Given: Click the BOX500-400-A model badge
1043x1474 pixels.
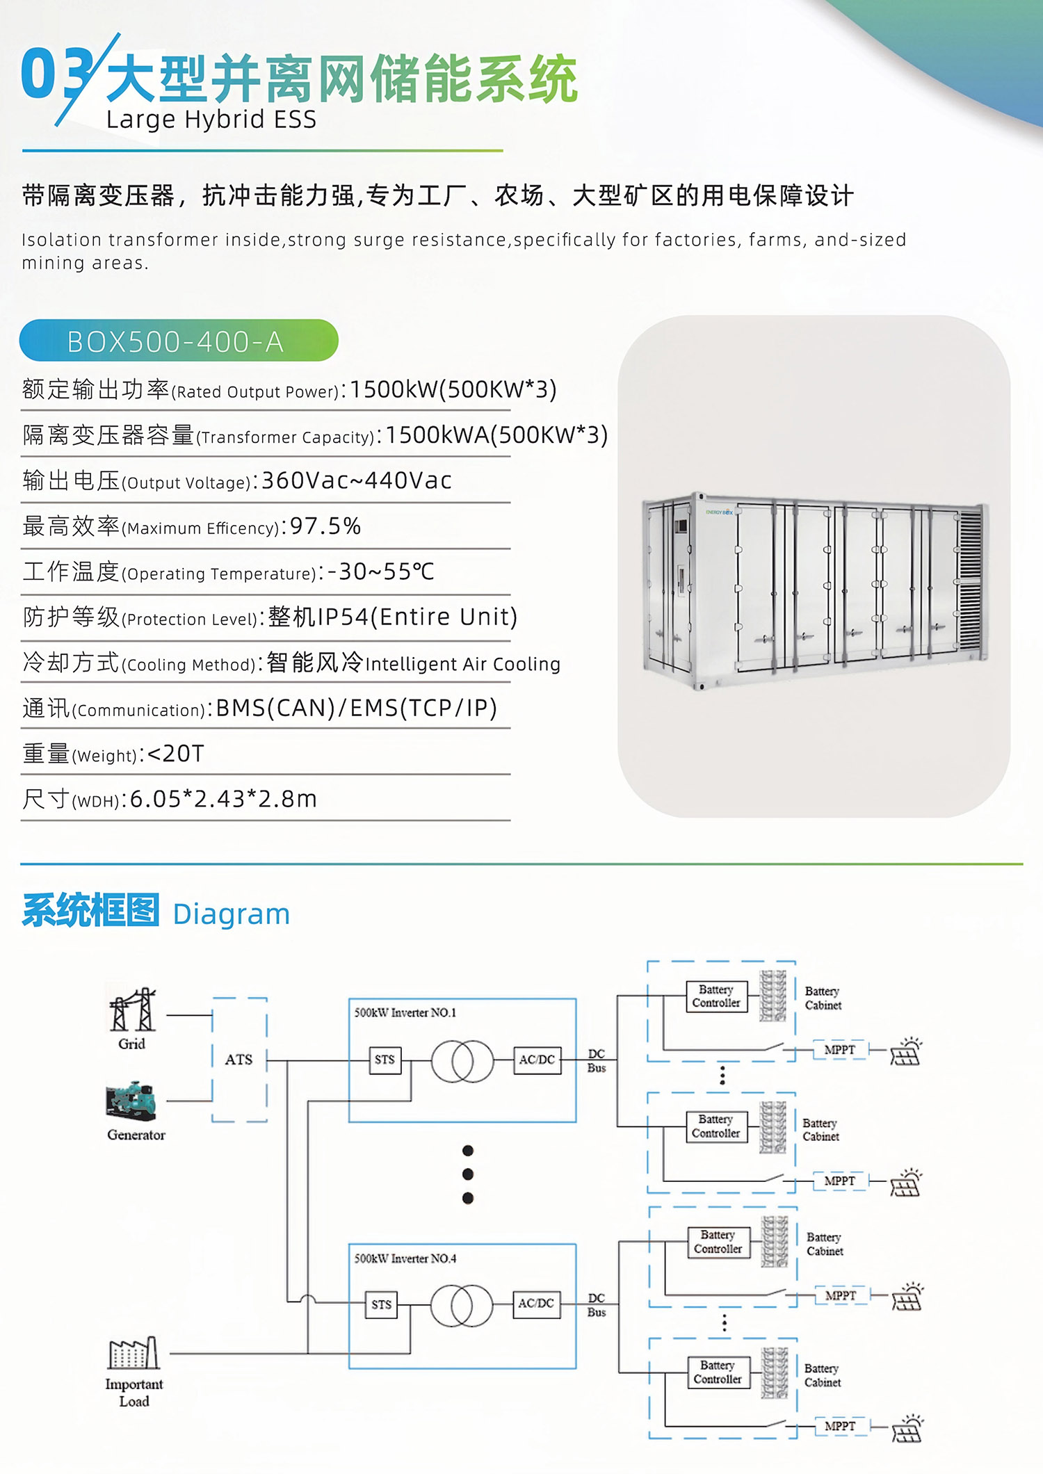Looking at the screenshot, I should tap(178, 341).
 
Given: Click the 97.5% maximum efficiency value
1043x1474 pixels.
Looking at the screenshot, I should tap(325, 526).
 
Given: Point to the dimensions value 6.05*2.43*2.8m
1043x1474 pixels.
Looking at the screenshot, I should tap(223, 800).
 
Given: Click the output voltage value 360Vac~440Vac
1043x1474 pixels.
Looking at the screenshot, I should tap(356, 480).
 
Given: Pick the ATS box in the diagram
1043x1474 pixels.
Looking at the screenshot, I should tap(239, 1060).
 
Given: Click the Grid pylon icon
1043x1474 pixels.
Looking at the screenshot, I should tap(132, 1010).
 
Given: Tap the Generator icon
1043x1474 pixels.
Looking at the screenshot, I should tap(131, 1101).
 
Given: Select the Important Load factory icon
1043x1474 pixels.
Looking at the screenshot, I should tap(134, 1354).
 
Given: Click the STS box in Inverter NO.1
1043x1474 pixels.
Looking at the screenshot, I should tap(385, 1060).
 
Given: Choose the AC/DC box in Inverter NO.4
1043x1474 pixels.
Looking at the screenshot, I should tap(536, 1304).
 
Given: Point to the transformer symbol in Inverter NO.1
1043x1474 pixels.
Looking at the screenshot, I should tap(462, 1061).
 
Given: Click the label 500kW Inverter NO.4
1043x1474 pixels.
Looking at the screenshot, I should tap(405, 1258).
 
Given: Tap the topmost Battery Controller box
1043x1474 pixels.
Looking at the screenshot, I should tap(716, 996).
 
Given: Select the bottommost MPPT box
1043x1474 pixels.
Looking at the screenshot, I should tap(840, 1426).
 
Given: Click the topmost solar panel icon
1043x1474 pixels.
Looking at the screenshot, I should tap(906, 1052).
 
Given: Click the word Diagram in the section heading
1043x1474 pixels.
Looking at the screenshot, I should tap(231, 914).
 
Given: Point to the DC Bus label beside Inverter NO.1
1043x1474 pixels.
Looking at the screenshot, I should tap(597, 1061).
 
